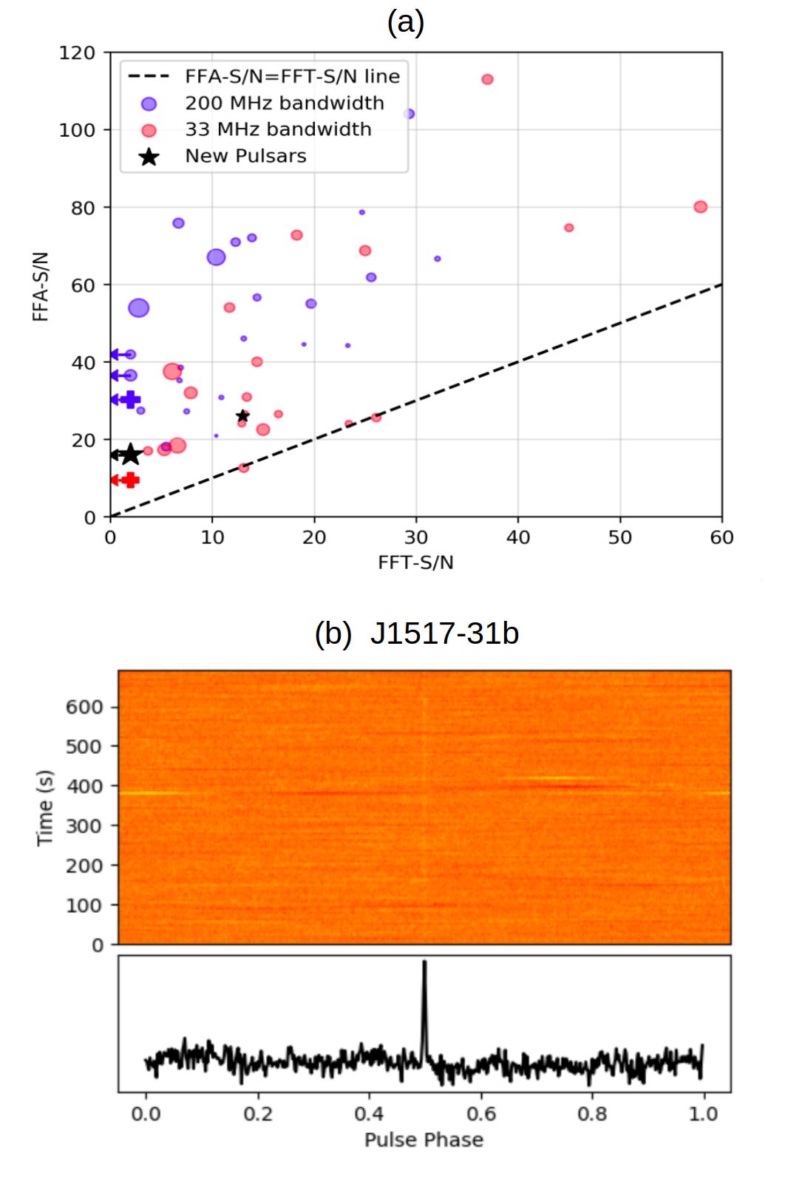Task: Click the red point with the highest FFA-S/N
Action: click(487, 79)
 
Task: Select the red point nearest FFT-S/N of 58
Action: click(700, 207)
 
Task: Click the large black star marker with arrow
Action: click(130, 455)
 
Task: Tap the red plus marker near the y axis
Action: click(130, 480)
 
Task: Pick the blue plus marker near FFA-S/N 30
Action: click(131, 400)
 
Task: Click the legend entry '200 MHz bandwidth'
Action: click(284, 103)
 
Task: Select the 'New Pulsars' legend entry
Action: click(245, 156)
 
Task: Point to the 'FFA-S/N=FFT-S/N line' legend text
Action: click(292, 77)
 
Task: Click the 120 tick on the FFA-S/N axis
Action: click(77, 52)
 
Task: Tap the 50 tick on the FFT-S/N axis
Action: click(619, 537)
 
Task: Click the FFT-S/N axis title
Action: click(415, 562)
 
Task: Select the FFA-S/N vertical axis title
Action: click(41, 286)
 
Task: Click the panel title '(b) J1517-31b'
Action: click(416, 633)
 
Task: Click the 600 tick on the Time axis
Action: click(84, 707)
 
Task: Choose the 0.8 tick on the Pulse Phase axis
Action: click(591, 1113)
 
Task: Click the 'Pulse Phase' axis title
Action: click(424, 1140)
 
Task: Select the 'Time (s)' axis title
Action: click(45, 807)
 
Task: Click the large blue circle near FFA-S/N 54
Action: click(139, 307)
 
